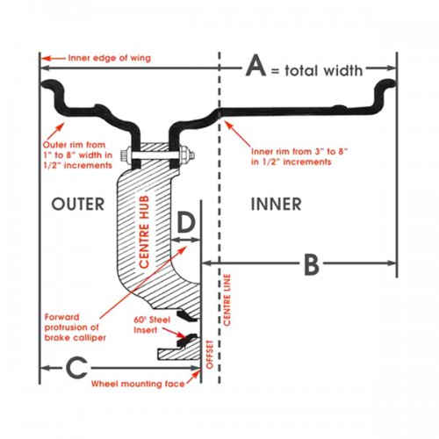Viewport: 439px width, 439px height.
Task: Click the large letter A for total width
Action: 256,66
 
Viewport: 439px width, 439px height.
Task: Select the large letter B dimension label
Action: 312,263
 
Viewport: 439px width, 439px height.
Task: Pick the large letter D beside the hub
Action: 186,222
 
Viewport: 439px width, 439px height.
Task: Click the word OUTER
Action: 78,204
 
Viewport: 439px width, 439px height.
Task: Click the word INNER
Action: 277,204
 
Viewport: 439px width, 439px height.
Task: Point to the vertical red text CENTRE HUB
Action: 144,232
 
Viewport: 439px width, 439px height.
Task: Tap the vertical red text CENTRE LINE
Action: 227,299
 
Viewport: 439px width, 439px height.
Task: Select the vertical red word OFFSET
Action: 210,355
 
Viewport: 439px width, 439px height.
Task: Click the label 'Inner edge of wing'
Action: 110,58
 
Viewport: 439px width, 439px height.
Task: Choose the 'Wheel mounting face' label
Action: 138,384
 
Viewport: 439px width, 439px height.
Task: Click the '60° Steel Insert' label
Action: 152,325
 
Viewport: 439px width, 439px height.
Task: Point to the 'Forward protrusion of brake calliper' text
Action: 76,327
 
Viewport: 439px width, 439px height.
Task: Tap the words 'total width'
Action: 323,70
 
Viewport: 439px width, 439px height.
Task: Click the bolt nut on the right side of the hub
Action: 186,155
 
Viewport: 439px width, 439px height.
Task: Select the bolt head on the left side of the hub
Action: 126,155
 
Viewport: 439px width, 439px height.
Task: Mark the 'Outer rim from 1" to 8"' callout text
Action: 77,155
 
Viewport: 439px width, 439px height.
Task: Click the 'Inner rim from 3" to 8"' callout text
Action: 299,156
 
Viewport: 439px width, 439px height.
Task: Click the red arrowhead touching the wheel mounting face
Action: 197,373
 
